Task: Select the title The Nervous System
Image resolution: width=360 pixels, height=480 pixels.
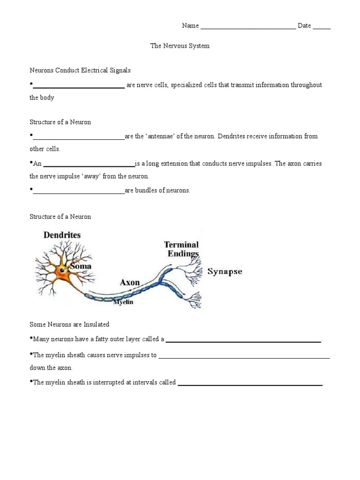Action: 180,46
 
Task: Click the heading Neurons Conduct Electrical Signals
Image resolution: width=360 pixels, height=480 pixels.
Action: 80,70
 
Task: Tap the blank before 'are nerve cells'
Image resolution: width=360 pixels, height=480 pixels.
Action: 79,86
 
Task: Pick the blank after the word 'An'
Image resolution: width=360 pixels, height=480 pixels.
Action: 89,165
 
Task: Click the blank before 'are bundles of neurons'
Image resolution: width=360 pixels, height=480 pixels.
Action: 79,192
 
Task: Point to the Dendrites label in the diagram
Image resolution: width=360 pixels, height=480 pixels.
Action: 62,235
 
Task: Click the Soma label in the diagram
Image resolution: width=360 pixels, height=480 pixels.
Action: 81,266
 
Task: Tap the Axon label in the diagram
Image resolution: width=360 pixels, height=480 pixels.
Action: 130,282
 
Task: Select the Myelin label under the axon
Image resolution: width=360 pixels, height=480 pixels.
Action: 124,302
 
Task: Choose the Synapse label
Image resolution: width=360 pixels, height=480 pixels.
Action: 225,272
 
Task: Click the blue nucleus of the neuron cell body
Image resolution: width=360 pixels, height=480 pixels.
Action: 63,270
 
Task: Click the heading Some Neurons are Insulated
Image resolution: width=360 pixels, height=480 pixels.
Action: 69,324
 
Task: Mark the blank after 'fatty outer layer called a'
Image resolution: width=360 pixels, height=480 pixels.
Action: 243,340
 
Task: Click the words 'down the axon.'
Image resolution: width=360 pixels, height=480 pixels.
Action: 51,368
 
